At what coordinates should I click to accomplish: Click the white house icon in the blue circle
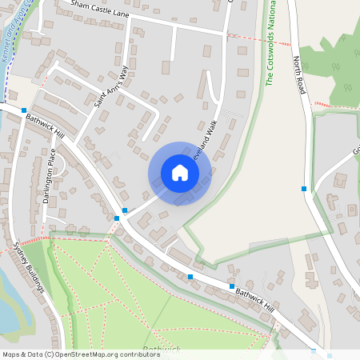tap(180, 173)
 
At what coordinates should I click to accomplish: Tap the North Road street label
tap(300, 75)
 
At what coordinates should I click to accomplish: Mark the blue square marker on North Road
tap(304, 189)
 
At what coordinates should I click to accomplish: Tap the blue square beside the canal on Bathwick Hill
tap(24, 110)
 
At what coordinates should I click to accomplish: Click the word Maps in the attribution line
tap(11, 354)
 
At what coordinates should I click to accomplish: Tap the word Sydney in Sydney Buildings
tap(19, 257)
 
